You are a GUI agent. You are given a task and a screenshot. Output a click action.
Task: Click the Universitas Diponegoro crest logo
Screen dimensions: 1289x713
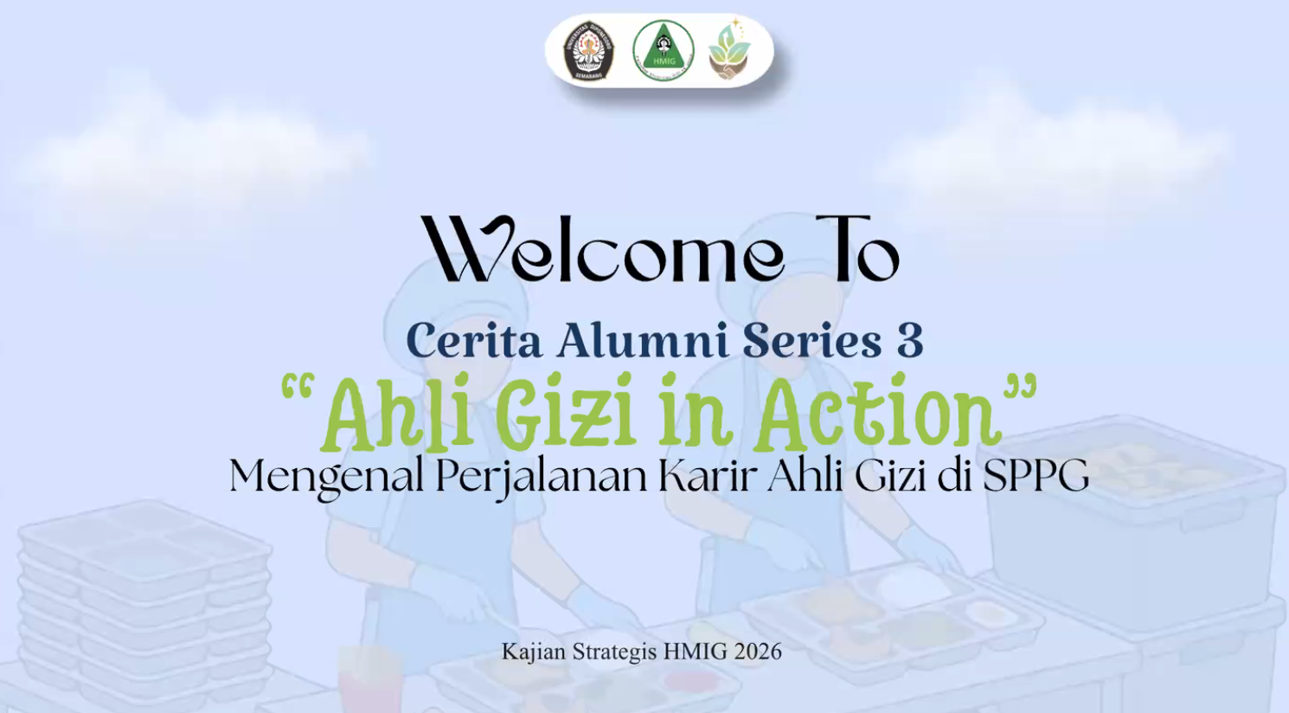pos(588,51)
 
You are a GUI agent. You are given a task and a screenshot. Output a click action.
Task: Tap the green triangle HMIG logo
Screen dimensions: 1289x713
pos(663,50)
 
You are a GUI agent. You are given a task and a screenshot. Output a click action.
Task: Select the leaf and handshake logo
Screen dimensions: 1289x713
pos(729,49)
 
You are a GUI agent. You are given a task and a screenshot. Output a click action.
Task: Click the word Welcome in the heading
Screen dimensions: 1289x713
pos(602,249)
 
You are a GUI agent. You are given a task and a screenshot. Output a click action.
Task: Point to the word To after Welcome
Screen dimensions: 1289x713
pos(856,249)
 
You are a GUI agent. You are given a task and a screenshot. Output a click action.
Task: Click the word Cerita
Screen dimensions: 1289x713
pos(473,340)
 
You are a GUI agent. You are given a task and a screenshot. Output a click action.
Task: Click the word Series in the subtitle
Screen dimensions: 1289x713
pos(811,340)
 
